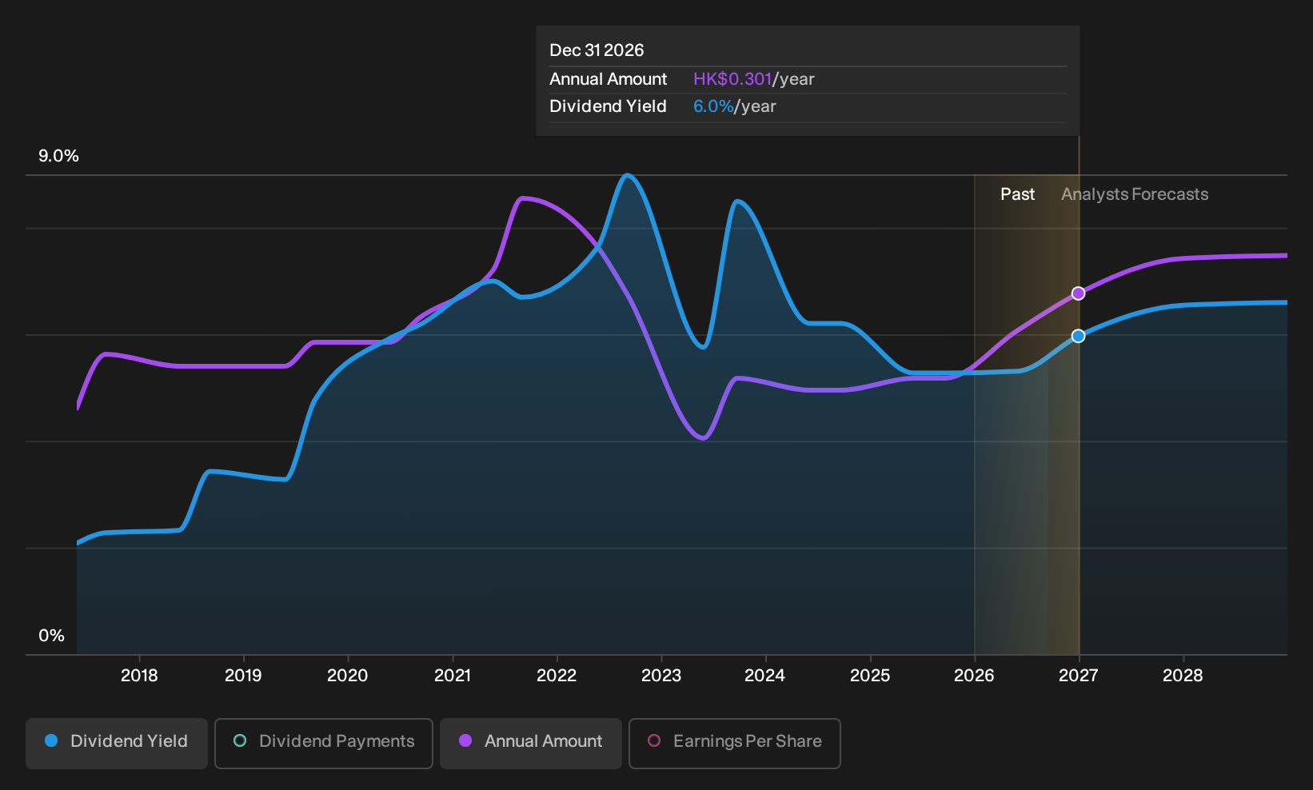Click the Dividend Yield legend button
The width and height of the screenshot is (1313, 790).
click(117, 743)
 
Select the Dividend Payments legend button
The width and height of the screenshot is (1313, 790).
click(324, 743)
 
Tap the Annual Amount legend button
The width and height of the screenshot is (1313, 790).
click(530, 743)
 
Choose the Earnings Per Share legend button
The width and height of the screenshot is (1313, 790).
click(734, 743)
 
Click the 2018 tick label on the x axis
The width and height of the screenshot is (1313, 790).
click(139, 676)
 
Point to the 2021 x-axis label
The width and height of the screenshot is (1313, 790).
click(453, 676)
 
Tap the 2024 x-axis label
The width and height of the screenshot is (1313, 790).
click(765, 676)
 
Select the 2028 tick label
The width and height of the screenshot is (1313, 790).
click(1183, 676)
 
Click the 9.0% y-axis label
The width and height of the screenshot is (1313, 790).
click(58, 156)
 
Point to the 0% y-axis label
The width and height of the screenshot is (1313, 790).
click(52, 636)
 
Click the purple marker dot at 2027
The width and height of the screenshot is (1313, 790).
click(1078, 293)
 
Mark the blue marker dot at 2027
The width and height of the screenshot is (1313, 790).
click(1078, 336)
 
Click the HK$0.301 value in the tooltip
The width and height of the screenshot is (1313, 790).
click(732, 79)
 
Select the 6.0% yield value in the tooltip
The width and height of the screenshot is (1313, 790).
click(713, 106)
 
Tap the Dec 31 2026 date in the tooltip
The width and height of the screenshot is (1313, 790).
click(597, 50)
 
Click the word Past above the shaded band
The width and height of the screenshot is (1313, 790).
click(1018, 194)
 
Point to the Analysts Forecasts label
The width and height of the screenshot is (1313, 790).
click(1135, 194)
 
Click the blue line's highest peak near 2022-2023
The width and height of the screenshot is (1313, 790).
click(627, 174)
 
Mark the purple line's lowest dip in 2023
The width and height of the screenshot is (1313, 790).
click(703, 438)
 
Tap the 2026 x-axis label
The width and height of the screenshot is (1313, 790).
click(974, 676)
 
